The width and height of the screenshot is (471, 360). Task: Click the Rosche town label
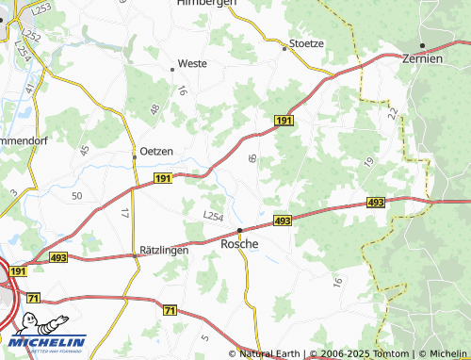click(239, 243)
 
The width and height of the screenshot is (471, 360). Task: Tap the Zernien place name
click(423, 58)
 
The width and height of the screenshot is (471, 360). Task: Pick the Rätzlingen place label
click(163, 251)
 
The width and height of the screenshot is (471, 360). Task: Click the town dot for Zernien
click(423, 45)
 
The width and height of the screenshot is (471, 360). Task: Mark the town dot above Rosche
click(239, 230)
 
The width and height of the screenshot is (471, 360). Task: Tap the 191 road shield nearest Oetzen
click(162, 177)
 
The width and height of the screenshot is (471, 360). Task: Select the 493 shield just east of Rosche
click(283, 220)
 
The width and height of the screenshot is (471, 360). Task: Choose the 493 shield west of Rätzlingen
click(58, 256)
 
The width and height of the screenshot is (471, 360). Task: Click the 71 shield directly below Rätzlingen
click(170, 309)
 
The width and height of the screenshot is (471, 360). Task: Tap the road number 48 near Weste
click(154, 109)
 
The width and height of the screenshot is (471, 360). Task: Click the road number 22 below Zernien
click(391, 113)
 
